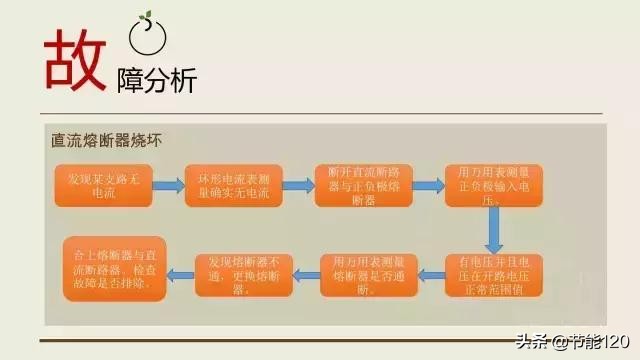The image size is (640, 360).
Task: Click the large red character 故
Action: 75,57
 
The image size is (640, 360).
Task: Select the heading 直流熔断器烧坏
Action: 106,141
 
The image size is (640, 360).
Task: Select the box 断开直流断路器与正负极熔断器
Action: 364,186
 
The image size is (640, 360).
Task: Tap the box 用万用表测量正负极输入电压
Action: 493,186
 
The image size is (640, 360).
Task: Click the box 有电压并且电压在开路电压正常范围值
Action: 494,274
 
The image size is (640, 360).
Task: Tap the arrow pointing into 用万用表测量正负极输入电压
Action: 428,186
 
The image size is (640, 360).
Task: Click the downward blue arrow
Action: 494,232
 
